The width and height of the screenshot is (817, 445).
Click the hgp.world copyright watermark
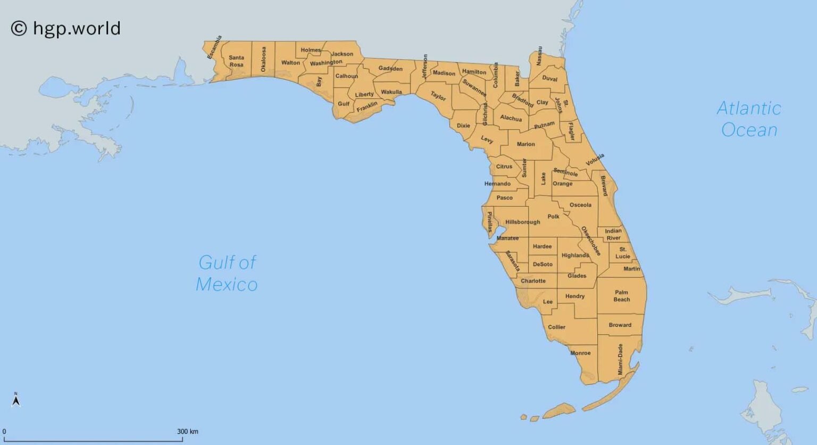click(x=66, y=28)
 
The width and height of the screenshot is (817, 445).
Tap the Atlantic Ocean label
click(x=749, y=119)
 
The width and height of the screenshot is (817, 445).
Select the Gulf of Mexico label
click(x=227, y=273)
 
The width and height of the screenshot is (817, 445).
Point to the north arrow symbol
click(x=16, y=399)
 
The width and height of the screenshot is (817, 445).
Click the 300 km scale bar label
click(x=188, y=432)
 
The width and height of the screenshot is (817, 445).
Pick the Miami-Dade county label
click(x=620, y=359)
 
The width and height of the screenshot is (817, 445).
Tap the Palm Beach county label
click(x=621, y=296)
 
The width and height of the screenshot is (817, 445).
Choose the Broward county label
click(x=620, y=325)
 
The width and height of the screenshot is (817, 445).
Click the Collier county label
click(x=556, y=327)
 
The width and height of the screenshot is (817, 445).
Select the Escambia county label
click(x=215, y=47)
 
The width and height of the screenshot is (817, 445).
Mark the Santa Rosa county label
click(x=236, y=61)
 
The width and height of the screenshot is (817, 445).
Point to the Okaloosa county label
click(x=263, y=59)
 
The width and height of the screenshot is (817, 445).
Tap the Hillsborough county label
click(x=522, y=222)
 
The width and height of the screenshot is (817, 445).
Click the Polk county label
click(x=553, y=217)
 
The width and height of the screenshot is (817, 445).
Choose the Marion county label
click(x=526, y=144)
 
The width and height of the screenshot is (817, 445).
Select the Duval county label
click(x=549, y=78)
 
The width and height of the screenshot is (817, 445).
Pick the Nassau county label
click(x=539, y=56)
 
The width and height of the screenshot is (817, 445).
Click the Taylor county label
click(x=438, y=96)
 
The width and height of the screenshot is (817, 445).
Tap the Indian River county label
click(x=613, y=234)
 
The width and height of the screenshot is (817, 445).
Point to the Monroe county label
click(x=580, y=353)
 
